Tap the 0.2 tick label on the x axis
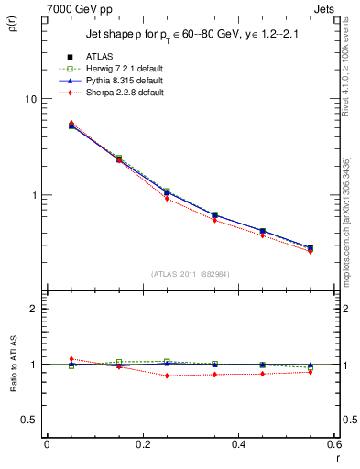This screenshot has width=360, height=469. pos(142,444)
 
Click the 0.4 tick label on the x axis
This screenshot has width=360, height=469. pos(238,444)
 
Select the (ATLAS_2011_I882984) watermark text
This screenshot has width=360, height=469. pos(191,274)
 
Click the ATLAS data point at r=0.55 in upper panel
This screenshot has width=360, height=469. pos(310,247)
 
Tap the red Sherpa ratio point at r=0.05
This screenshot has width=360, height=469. pos(71,359)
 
